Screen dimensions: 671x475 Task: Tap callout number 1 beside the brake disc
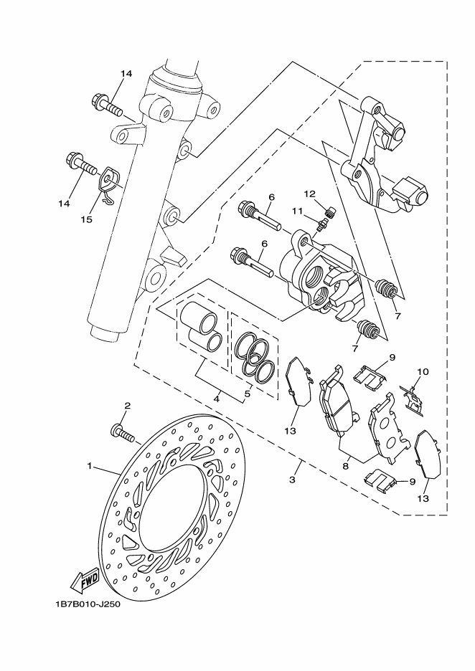click(90, 466)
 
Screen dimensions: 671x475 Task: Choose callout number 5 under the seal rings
click(248, 394)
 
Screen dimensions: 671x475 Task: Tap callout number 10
click(423, 372)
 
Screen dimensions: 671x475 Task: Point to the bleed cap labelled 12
click(330, 211)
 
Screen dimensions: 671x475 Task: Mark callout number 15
click(86, 219)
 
